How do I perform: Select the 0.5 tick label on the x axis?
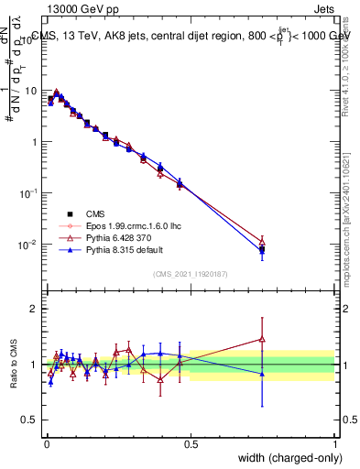(191, 443)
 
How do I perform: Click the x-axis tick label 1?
(334, 443)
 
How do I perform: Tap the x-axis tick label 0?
(47, 443)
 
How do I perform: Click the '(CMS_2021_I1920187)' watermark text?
(190, 273)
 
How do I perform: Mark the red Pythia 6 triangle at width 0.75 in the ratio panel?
(262, 339)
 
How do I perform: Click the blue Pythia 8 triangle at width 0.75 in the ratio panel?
(262, 374)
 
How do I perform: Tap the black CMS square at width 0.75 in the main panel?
(262, 249)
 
